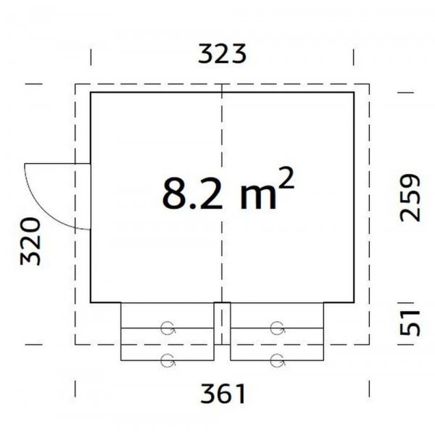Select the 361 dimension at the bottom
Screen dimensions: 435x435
(221, 394)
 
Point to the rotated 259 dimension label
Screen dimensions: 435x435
(410, 196)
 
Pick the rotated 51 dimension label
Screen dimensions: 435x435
(410, 320)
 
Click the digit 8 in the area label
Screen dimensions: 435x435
(174, 194)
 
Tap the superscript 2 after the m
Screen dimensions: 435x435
(286, 182)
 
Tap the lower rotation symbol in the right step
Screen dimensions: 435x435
(276, 357)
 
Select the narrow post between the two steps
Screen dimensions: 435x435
(222, 324)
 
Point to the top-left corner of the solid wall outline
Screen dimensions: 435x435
(91, 93)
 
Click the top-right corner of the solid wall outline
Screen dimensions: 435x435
(354, 93)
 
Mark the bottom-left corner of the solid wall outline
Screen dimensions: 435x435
(91, 302)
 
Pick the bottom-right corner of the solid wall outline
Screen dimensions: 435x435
(354, 302)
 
